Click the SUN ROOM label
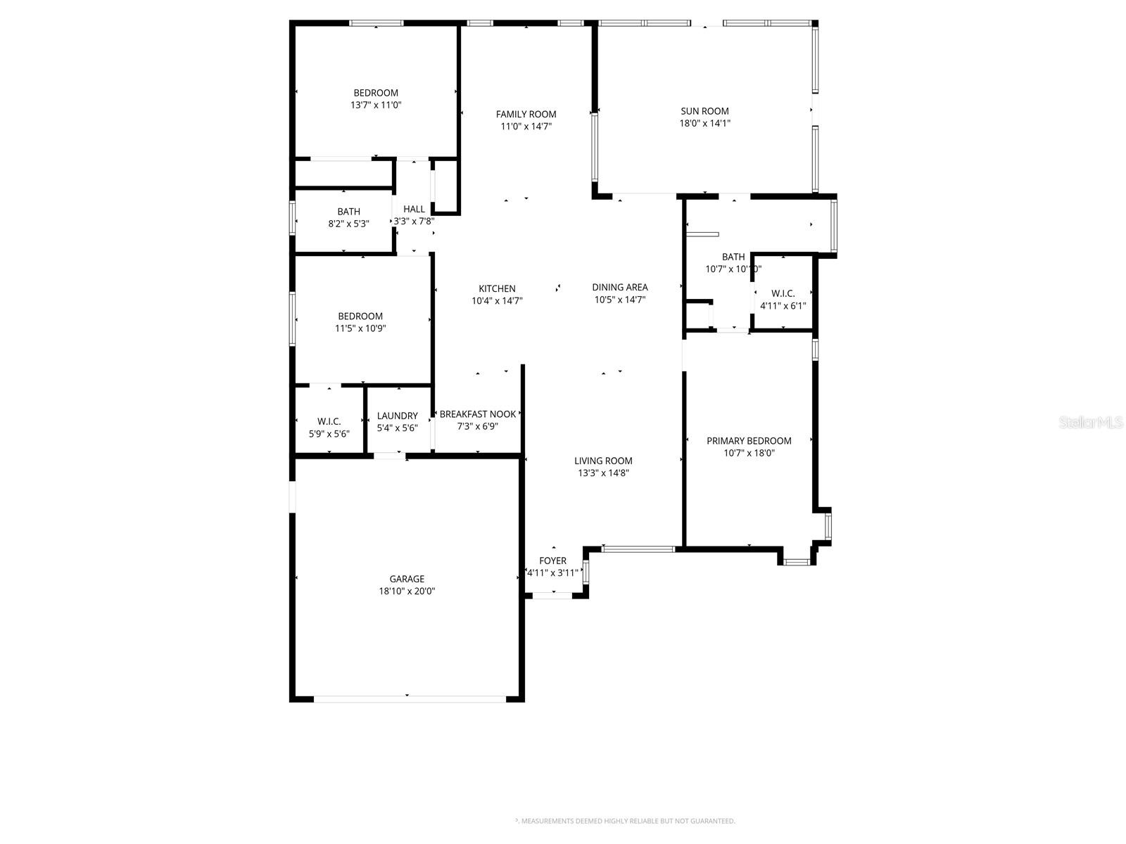pyautogui.click(x=704, y=111)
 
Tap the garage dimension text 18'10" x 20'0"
pyautogui.click(x=407, y=592)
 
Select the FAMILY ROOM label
pyautogui.click(x=526, y=114)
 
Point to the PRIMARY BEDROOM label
pyautogui.click(x=749, y=441)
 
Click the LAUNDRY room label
pyautogui.click(x=397, y=416)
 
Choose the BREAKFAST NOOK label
pyautogui.click(x=478, y=414)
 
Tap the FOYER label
pyautogui.click(x=552, y=561)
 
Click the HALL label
pyautogui.click(x=414, y=209)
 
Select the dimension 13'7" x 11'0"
pyautogui.click(x=376, y=105)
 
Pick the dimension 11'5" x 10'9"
pyautogui.click(x=360, y=328)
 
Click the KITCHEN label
pyautogui.click(x=497, y=288)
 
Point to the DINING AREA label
pyautogui.click(x=619, y=287)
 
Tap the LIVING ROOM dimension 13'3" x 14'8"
pyautogui.click(x=603, y=473)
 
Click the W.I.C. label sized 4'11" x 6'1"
pyautogui.click(x=783, y=293)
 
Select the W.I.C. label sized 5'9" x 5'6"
pyautogui.click(x=329, y=421)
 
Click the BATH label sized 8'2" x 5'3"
pyautogui.click(x=348, y=211)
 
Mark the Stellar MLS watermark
pyautogui.click(x=1091, y=422)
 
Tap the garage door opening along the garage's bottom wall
pyautogui.click(x=408, y=698)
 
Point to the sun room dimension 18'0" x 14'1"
pyautogui.click(x=704, y=124)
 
